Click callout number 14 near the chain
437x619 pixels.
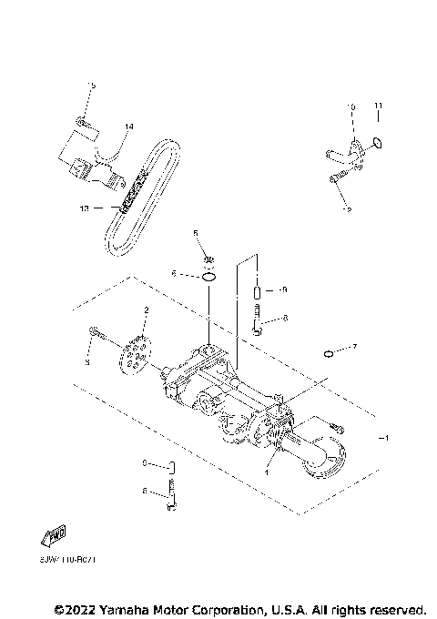pos(128,126)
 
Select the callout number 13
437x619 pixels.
pos(85,208)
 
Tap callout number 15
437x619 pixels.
pos(91,85)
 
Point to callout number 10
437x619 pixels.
pos(351,107)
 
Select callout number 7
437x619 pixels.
pos(355,347)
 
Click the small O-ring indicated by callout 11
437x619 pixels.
pos(379,143)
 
